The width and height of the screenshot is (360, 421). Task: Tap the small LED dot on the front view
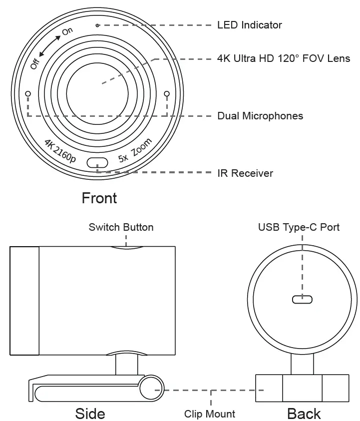[97, 25]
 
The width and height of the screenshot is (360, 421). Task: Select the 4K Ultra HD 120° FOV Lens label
[284, 58]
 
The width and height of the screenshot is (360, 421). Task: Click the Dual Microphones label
[260, 116]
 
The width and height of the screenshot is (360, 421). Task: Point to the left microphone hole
[28, 93]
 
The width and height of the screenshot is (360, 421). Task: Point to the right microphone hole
[167, 93]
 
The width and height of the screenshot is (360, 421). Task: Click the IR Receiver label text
[245, 173]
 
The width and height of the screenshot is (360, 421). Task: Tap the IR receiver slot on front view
[97, 163]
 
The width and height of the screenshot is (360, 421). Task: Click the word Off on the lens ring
[34, 63]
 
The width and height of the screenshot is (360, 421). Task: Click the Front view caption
[99, 198]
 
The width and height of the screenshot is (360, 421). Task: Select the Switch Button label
[121, 227]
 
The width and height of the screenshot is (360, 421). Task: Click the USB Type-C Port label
[299, 227]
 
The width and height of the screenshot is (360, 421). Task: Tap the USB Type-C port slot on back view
[302, 300]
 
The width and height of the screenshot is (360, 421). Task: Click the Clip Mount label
[210, 414]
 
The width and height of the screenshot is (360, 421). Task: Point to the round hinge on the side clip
[150, 389]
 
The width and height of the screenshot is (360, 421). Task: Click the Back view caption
[304, 414]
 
